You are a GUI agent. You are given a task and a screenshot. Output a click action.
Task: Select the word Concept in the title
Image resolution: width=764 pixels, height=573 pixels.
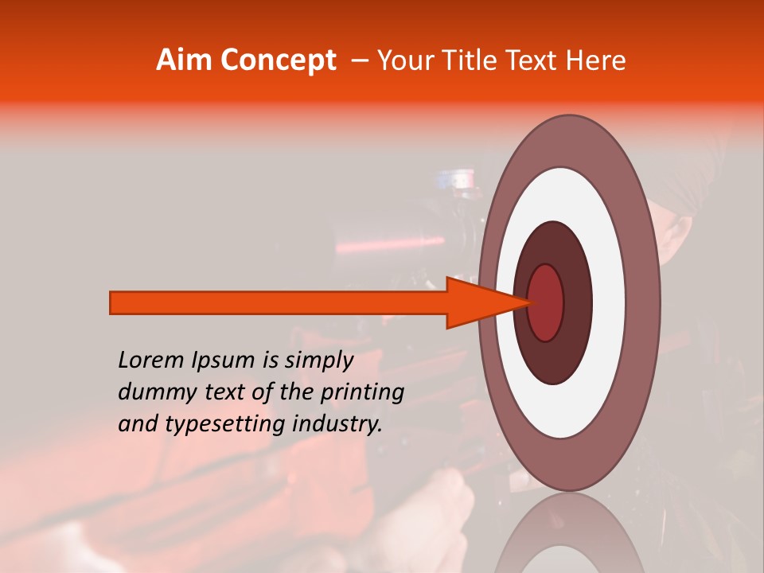pos(278,60)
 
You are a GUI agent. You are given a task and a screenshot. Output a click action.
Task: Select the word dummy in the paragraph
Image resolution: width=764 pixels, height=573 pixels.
pos(151,392)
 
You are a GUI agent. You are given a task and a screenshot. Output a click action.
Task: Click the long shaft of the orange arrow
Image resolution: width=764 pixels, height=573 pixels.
pos(279,302)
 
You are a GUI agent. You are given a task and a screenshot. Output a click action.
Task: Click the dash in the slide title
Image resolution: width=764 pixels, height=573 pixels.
pos(359,61)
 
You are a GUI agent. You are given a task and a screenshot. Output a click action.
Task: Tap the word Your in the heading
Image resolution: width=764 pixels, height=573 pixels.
pos(405,60)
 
